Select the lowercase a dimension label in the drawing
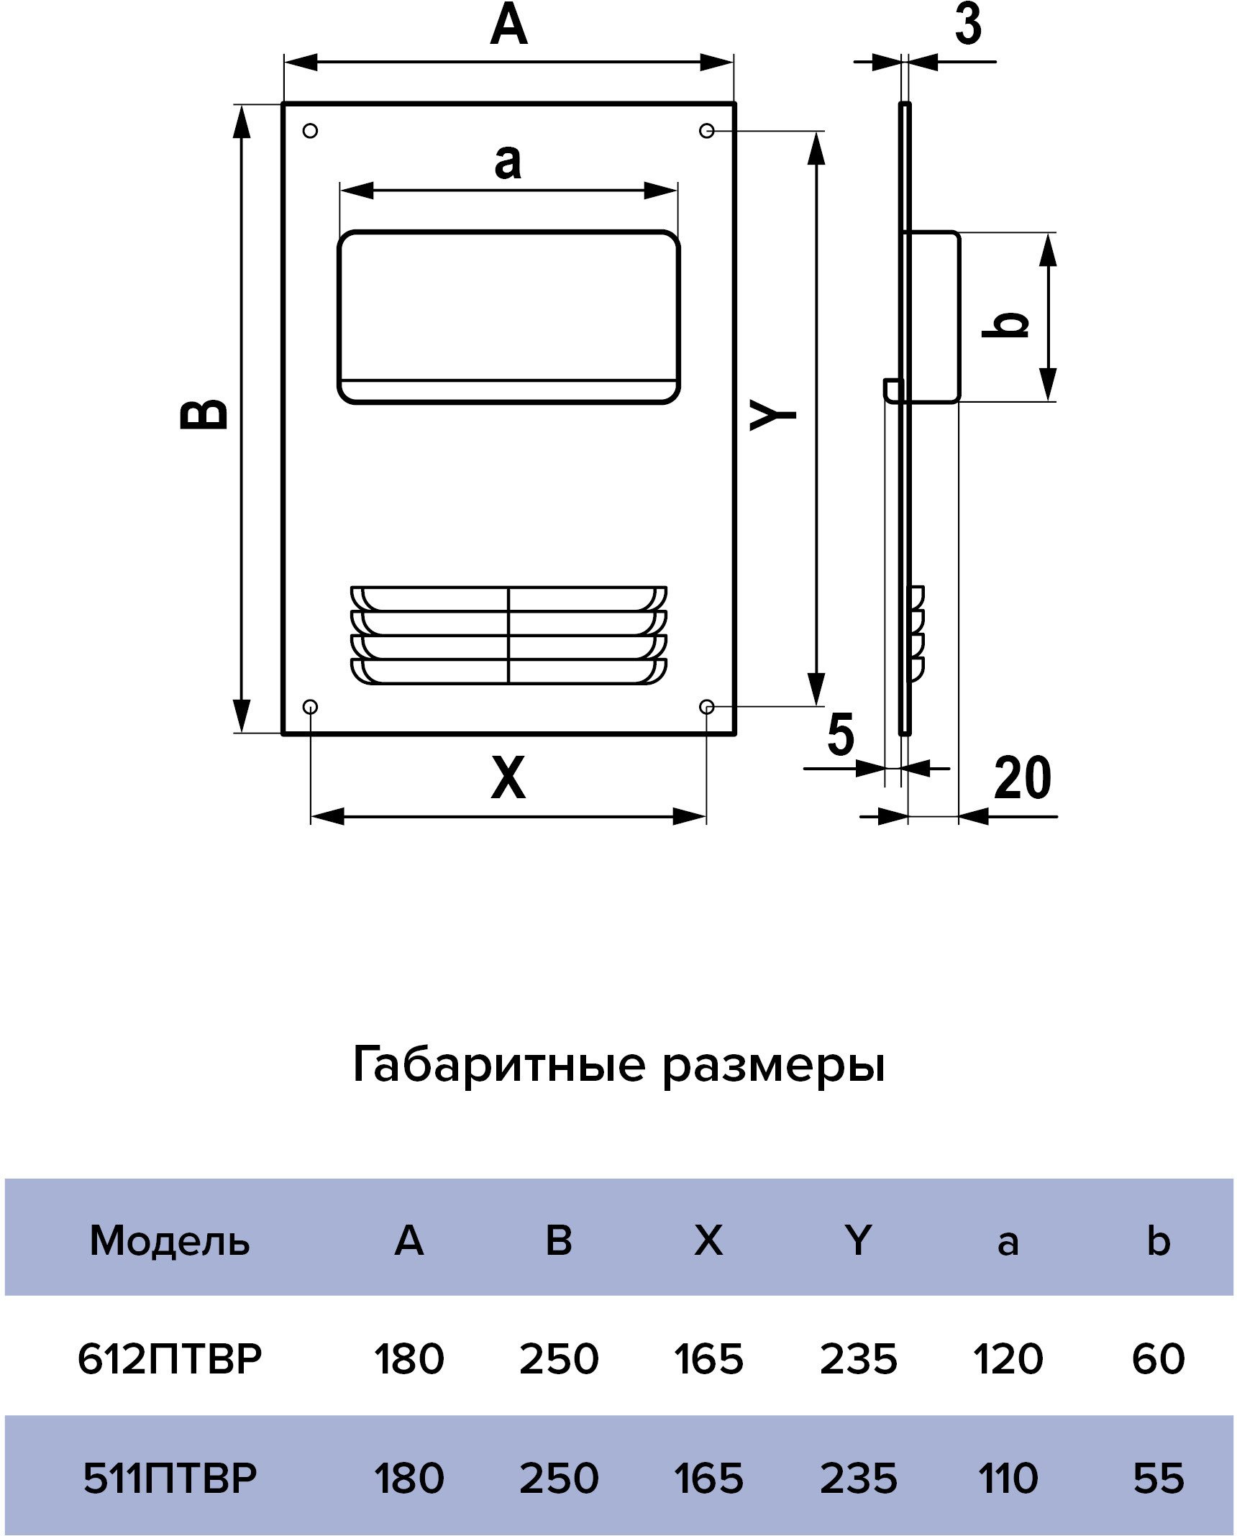pos(508,162)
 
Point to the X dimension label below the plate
pos(508,777)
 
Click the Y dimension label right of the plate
pos(773,416)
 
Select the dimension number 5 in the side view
pos(841,733)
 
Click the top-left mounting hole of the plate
pos(311,131)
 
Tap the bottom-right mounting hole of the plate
pos(707,708)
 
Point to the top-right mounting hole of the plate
pos(707,131)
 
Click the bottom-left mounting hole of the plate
pos(311,708)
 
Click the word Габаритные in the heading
pos(499,1065)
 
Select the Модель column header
pos(170,1240)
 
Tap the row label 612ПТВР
pos(170,1359)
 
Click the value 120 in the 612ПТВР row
pos(1008,1359)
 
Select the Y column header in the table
pos(858,1240)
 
